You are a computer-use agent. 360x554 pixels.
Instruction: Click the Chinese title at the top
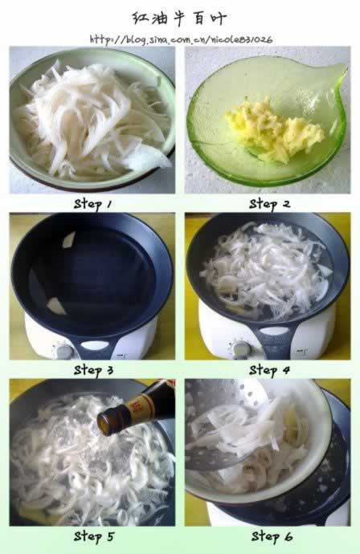(179, 18)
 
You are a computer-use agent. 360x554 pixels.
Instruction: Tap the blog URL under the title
(181, 39)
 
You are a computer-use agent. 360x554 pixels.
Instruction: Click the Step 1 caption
(92, 204)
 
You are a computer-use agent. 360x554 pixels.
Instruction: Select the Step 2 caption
(269, 204)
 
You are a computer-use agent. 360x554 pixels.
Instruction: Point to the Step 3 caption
(93, 370)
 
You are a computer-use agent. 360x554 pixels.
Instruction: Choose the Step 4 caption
(269, 370)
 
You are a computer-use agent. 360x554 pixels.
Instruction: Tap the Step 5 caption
(94, 536)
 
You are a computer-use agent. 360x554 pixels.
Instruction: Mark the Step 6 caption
(272, 536)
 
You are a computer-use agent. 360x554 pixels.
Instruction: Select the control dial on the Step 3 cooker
(64, 351)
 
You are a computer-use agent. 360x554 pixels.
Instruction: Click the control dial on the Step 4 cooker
(241, 348)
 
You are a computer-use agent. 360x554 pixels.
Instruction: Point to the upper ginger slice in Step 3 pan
(69, 239)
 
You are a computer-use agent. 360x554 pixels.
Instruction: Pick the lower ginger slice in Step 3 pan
(55, 306)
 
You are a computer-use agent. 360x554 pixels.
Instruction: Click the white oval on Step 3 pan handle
(95, 345)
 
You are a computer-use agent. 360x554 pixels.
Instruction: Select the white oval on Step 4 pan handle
(274, 331)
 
